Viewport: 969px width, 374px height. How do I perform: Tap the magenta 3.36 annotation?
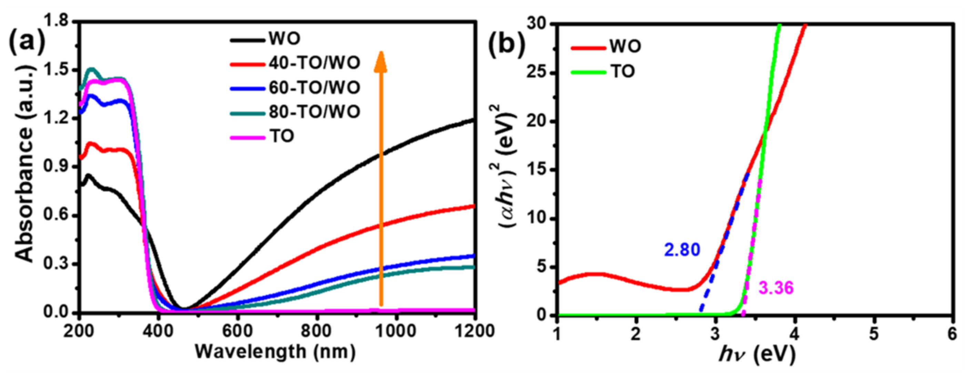click(776, 288)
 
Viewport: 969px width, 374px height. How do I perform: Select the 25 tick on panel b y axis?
click(541, 73)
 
